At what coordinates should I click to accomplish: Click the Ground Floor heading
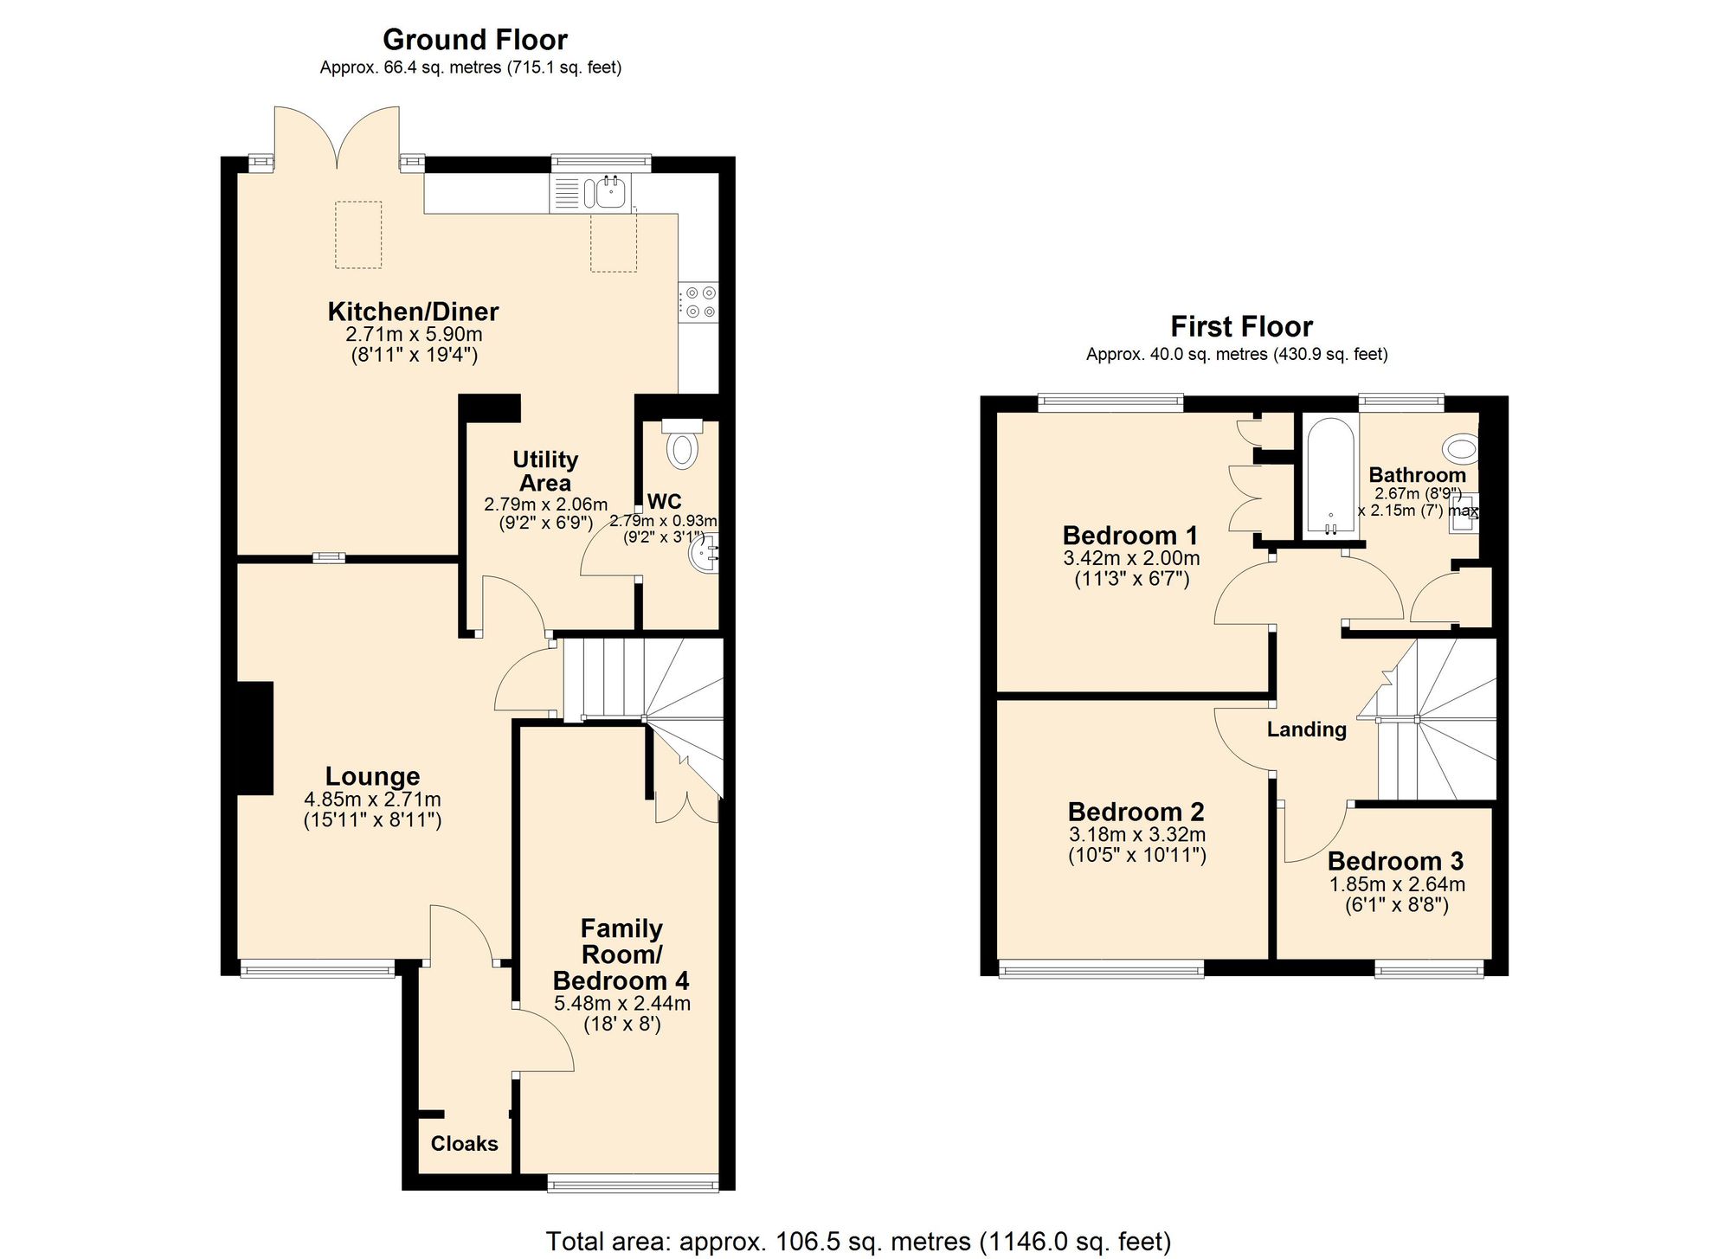tap(474, 40)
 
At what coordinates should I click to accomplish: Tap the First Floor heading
tap(1241, 327)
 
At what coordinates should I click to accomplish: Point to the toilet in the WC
tap(682, 446)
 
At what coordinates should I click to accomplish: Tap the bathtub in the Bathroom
tap(1330, 478)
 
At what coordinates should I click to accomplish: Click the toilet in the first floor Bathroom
tap(1462, 449)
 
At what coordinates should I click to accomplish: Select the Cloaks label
tap(464, 1144)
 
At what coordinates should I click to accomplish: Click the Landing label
tap(1306, 729)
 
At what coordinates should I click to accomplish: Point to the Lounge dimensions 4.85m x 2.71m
tap(372, 800)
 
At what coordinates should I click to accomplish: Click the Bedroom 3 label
tap(1395, 861)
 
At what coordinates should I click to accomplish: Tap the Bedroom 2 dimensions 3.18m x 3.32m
tap(1136, 835)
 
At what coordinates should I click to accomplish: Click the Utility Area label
tap(545, 471)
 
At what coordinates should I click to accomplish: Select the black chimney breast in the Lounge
tap(254, 737)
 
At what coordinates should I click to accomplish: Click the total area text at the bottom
tap(857, 1242)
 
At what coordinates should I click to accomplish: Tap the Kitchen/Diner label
tap(413, 312)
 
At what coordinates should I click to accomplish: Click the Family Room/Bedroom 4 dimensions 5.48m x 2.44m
tap(621, 1004)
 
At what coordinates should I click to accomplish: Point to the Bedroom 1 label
tap(1130, 535)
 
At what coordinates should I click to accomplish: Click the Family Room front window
tap(633, 1183)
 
